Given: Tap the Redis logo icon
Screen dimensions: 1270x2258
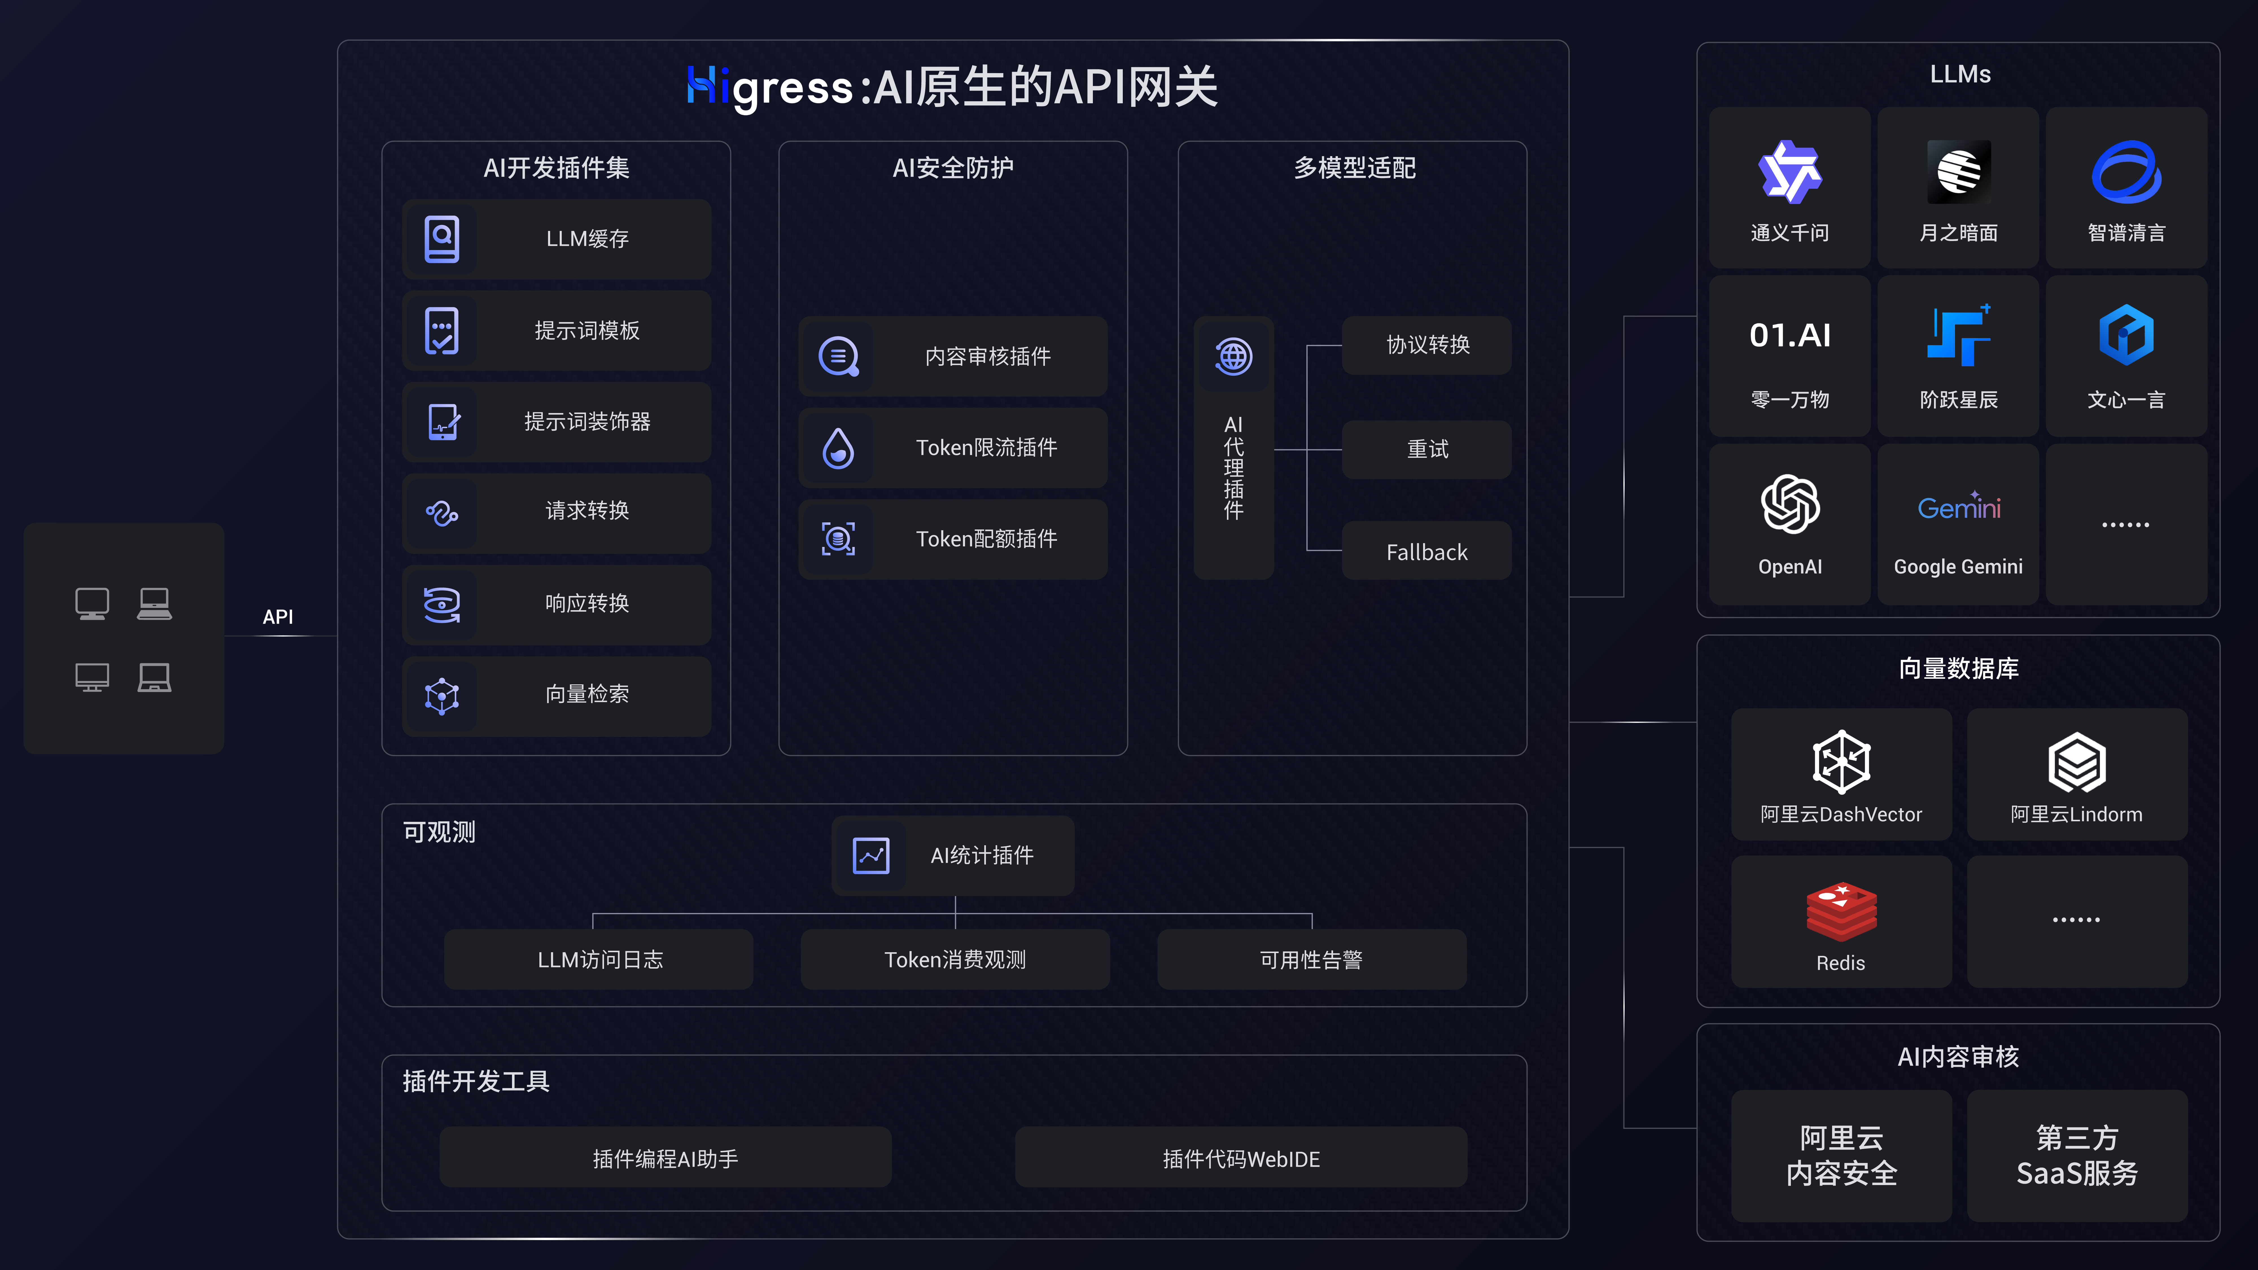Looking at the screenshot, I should [x=1841, y=912].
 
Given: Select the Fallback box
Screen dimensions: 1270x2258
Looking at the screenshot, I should [x=1426, y=551].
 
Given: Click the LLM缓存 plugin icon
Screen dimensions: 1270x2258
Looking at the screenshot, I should [x=442, y=238].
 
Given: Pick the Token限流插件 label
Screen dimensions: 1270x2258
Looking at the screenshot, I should [x=986, y=448].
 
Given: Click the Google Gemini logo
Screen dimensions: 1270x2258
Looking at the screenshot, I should [x=1958, y=507].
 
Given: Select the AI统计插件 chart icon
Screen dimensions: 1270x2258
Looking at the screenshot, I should [x=870, y=855].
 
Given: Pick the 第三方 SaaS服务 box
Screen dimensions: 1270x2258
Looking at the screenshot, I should [x=2077, y=1155].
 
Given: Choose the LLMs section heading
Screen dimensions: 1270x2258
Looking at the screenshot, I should [x=1960, y=75].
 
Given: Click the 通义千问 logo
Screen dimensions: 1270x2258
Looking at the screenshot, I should [x=1790, y=172].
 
